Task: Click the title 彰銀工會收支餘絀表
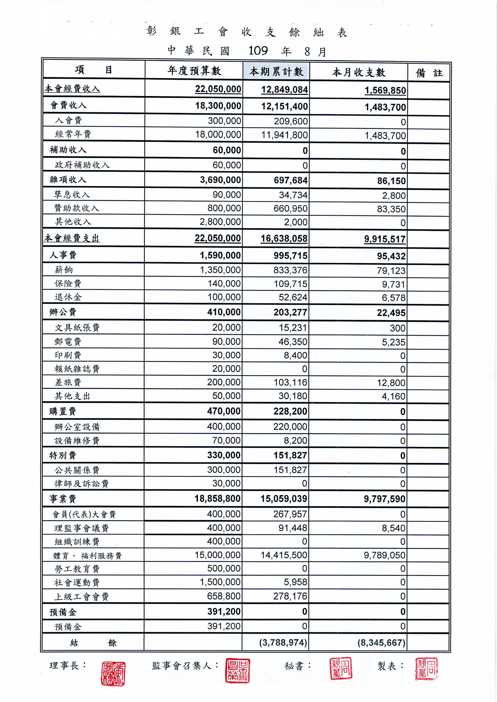(x=247, y=32)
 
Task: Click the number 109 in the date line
(x=258, y=51)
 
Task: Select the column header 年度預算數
(x=194, y=71)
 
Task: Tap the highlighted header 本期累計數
(x=276, y=72)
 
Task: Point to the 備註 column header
(x=429, y=73)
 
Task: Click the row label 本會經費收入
(x=72, y=89)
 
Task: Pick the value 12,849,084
(x=284, y=90)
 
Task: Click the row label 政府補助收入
(x=82, y=165)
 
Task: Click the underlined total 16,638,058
(x=284, y=239)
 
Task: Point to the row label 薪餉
(x=64, y=270)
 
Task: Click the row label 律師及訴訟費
(x=81, y=484)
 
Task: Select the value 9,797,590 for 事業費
(x=384, y=499)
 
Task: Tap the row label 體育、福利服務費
(x=87, y=555)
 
